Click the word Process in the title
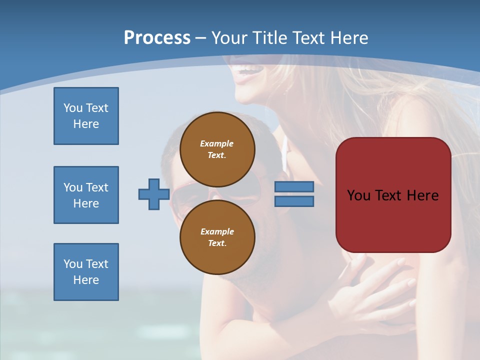(157, 37)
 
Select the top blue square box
(86, 116)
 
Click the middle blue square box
(86, 195)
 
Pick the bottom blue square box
(86, 272)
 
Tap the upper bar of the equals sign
(294, 187)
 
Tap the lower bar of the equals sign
(294, 201)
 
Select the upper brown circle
(217, 149)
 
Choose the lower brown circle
(217, 237)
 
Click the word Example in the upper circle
(217, 143)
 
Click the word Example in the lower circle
(217, 231)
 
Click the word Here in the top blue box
(86, 124)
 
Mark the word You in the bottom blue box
(72, 264)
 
